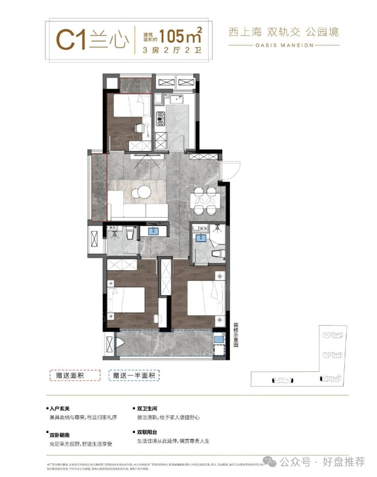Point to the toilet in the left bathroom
(x=129, y=232)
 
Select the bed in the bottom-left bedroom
(x=127, y=300)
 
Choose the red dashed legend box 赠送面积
(x=75, y=375)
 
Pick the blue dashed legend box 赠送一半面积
(x=135, y=375)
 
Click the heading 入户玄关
(x=59, y=407)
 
